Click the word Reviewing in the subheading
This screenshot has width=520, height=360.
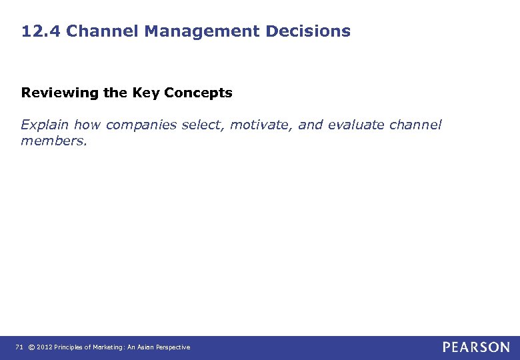tap(59, 93)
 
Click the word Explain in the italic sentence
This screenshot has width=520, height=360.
tap(45, 125)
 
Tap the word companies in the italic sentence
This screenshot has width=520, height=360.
tap(141, 125)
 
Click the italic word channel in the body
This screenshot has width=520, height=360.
tap(415, 125)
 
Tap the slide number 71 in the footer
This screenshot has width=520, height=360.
tap(19, 347)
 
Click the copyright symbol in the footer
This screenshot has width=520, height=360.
tap(31, 347)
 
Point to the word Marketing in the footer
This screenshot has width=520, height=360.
tap(110, 347)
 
